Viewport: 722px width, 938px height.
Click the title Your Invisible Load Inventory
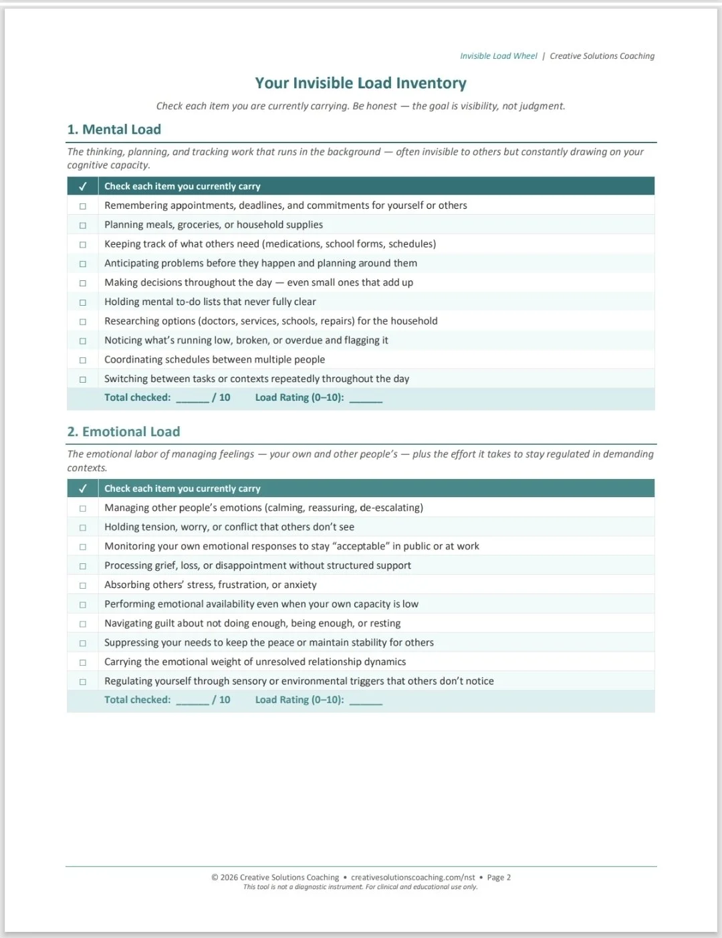(360, 83)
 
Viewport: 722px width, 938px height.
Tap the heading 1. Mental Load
(114, 129)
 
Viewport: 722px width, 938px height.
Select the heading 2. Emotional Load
(123, 432)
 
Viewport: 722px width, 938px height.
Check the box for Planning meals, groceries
(83, 225)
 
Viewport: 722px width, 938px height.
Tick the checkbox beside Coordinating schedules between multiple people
(83, 361)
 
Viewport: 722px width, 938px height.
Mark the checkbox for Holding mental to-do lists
(83, 302)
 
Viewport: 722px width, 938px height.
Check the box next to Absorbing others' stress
(83, 585)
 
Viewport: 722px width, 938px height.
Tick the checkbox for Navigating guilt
(83, 624)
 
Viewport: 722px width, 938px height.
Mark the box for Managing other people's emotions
(83, 508)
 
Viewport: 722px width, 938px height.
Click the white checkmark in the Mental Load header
(83, 187)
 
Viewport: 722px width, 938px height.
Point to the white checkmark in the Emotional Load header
(83, 489)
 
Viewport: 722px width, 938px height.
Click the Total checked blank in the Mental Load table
(193, 399)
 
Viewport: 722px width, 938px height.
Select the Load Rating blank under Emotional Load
(366, 701)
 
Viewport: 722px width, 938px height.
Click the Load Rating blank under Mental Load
(366, 399)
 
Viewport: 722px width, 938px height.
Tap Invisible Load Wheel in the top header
(498, 56)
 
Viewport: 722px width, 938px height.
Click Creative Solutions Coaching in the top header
(602, 56)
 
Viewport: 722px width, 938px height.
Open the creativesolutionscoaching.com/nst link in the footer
(412, 877)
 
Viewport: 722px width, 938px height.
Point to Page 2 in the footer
(499, 877)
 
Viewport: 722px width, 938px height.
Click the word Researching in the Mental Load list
(131, 321)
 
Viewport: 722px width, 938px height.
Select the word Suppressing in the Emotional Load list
(131, 643)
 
